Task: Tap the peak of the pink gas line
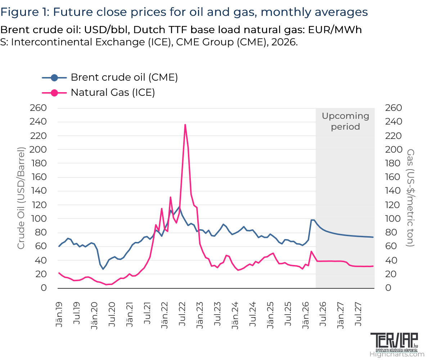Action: [185, 125]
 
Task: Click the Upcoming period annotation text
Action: [345, 121]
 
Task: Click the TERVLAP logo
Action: [394, 342]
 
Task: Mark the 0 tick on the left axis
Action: [44, 288]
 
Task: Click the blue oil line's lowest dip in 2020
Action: [103, 269]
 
